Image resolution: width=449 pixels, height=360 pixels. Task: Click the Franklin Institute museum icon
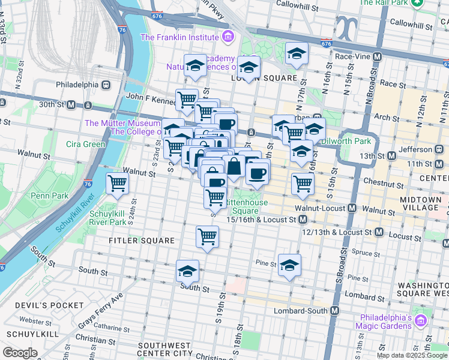pyautogui.click(x=227, y=37)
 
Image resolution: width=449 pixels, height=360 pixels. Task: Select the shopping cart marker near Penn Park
pyautogui.click(x=117, y=183)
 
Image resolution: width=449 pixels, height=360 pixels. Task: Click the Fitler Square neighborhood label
pyautogui.click(x=142, y=241)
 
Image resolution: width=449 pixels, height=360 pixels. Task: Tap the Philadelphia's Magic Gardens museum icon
pyautogui.click(x=421, y=322)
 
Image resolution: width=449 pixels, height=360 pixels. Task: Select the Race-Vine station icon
pyautogui.click(x=378, y=56)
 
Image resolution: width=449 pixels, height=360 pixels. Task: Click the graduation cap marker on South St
pyautogui.click(x=187, y=272)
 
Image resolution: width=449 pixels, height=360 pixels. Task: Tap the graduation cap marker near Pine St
pyautogui.click(x=289, y=265)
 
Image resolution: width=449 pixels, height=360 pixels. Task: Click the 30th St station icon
pyautogui.click(x=71, y=105)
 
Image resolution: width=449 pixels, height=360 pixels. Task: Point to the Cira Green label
pyautogui.click(x=86, y=144)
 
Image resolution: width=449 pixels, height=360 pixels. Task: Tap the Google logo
pyautogui.click(x=20, y=353)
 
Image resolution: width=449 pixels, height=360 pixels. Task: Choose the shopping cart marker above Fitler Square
pyautogui.click(x=207, y=236)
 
